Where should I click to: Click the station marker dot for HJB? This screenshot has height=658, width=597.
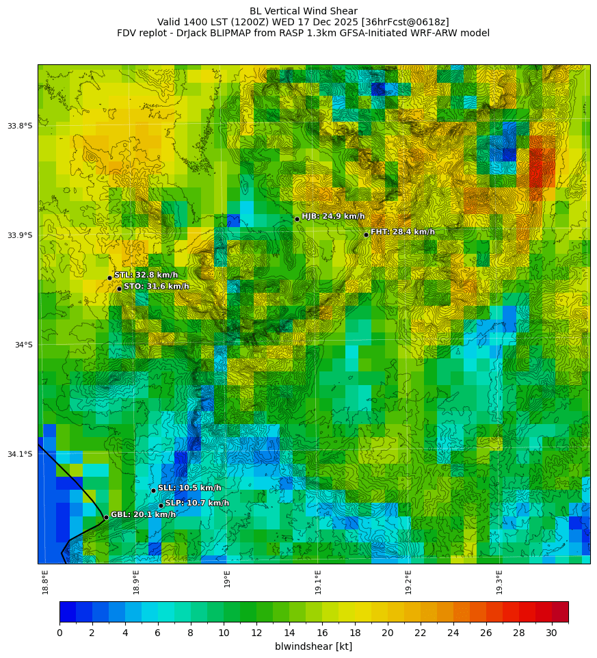[297, 219]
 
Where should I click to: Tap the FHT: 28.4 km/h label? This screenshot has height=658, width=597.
[402, 232]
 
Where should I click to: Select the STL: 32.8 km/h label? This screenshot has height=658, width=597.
[146, 275]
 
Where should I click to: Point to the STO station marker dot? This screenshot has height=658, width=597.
[119, 289]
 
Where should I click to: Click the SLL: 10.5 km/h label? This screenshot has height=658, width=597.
[189, 488]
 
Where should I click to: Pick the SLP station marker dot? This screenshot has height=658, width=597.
[161, 505]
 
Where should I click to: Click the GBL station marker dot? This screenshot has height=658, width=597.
[106, 517]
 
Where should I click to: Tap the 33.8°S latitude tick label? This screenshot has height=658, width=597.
[20, 126]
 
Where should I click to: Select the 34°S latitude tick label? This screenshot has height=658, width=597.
[23, 345]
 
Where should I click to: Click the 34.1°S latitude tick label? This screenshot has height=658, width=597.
[20, 454]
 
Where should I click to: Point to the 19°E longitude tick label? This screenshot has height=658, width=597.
[227, 579]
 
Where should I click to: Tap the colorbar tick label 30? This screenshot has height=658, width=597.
[552, 633]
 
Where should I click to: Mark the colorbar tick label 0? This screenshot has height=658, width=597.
[59, 633]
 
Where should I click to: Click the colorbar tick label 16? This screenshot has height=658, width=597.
[322, 633]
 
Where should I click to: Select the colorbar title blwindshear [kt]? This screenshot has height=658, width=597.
[313, 646]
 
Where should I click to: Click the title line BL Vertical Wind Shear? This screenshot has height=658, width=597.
[303, 11]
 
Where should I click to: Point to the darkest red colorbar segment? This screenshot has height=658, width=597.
[560, 611]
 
